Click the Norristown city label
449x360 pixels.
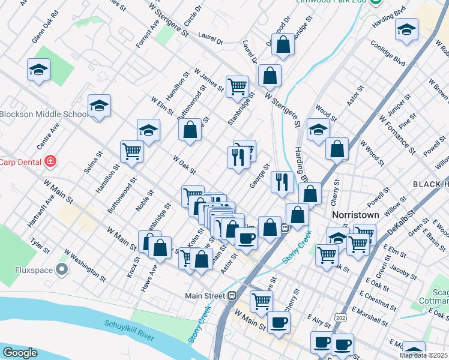point(355,214)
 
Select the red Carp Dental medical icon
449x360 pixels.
point(50,161)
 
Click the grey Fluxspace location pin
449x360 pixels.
point(62,269)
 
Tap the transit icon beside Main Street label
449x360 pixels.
point(231,295)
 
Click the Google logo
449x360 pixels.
point(19,353)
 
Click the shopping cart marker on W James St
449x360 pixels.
point(237,86)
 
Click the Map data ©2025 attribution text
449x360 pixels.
point(423,355)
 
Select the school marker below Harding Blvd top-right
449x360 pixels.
point(406,29)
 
